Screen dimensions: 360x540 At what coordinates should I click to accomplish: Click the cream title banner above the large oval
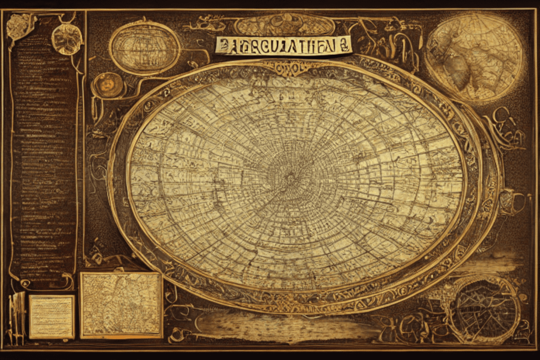tap(283, 45)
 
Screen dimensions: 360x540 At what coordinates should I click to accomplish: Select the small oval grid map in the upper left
tap(145, 48)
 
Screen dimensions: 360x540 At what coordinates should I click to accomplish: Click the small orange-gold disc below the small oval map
tap(108, 85)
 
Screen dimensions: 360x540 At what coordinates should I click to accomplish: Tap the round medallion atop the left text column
tap(67, 39)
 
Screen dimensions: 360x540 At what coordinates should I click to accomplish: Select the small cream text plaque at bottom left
tap(52, 316)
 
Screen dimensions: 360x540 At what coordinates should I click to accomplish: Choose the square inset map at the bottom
tap(121, 305)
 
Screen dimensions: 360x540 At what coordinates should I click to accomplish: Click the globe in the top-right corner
tap(474, 56)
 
